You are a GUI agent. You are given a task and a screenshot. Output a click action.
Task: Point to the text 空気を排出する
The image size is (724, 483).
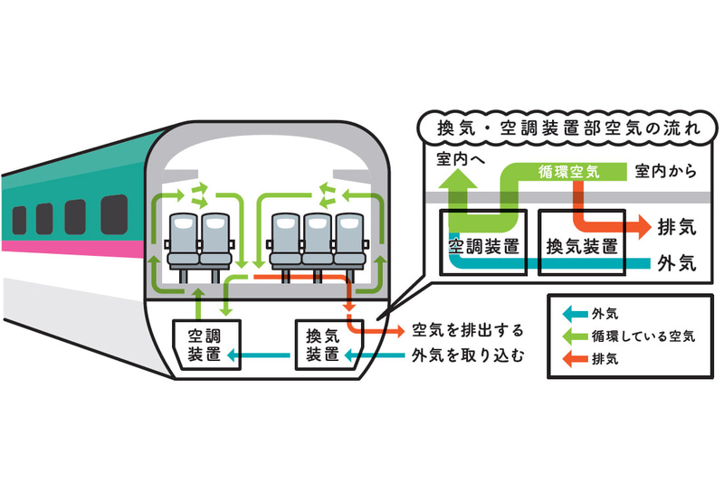[467, 330]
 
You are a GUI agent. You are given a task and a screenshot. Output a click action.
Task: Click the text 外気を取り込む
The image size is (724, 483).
[467, 355]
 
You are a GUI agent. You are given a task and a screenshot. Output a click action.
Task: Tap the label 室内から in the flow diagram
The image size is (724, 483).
[666, 170]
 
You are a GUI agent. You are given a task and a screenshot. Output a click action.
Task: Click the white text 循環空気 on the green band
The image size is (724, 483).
[569, 170]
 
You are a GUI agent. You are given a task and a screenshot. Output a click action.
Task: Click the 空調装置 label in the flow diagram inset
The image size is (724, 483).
[482, 245]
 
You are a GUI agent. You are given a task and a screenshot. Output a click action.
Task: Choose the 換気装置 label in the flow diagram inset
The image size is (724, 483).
[582, 245]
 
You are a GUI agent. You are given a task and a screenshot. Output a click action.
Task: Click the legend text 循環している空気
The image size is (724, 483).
[643, 336]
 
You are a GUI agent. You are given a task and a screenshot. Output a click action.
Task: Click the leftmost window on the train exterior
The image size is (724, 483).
[19, 220]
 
